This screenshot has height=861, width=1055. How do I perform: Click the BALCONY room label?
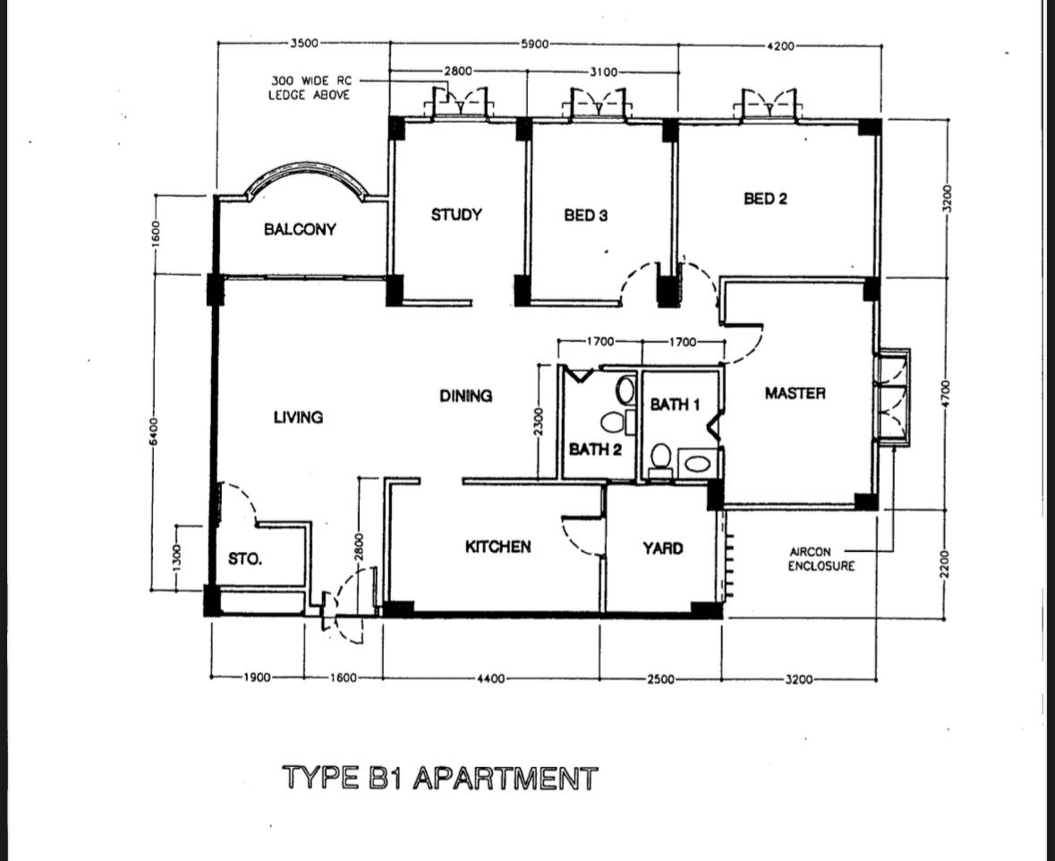(x=300, y=229)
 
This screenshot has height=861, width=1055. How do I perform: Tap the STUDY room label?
(x=456, y=215)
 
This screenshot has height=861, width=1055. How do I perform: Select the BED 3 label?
(x=586, y=216)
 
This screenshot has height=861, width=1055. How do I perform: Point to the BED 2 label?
(x=765, y=199)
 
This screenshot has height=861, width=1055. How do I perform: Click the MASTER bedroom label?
(x=795, y=393)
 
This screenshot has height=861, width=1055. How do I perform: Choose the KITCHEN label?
(x=498, y=547)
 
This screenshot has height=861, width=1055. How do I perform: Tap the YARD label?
(x=663, y=549)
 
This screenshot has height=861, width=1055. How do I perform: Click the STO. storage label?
(x=245, y=559)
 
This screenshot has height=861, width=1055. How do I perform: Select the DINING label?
(x=465, y=396)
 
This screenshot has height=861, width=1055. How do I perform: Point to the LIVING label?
(x=298, y=417)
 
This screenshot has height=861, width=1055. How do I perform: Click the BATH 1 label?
(x=674, y=405)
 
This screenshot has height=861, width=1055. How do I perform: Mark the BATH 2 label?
(x=595, y=448)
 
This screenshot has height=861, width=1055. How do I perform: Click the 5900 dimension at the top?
(x=534, y=43)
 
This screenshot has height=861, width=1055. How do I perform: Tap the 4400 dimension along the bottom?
(x=492, y=679)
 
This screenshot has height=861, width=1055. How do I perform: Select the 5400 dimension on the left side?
(x=153, y=431)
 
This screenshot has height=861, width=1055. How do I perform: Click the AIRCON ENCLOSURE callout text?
(x=821, y=559)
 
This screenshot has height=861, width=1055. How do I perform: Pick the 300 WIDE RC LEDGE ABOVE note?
(x=310, y=87)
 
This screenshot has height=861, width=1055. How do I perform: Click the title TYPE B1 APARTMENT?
(x=439, y=778)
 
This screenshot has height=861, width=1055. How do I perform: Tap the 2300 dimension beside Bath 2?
(x=538, y=421)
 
